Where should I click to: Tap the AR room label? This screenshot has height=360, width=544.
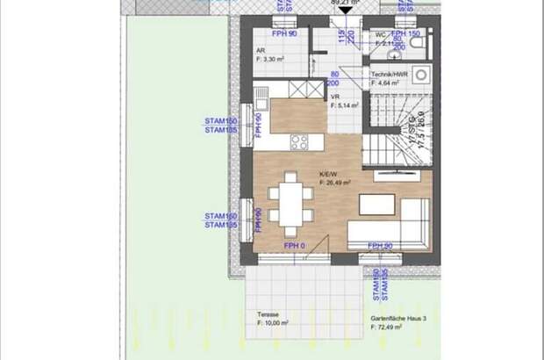click(x=261, y=51)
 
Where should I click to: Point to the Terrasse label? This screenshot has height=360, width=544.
click(x=268, y=315)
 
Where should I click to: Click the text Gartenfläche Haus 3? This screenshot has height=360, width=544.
click(x=389, y=316)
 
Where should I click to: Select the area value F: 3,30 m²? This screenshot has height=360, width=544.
click(x=273, y=59)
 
